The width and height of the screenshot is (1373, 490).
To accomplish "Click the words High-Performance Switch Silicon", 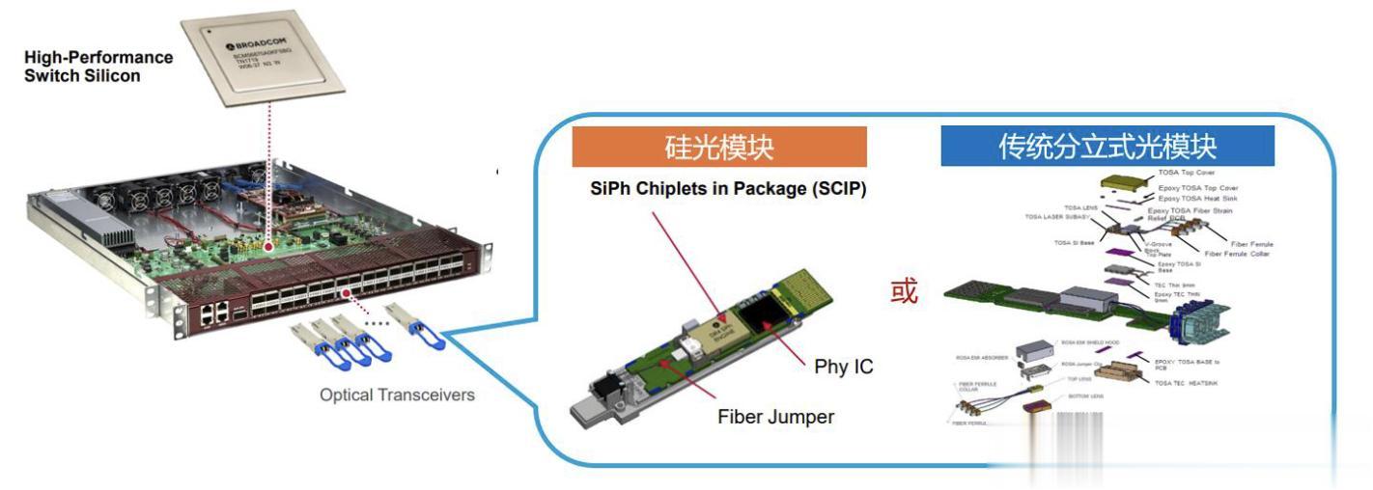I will pyautogui.click(x=98, y=66).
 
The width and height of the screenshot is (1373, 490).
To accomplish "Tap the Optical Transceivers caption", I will pyautogui.click(x=397, y=395).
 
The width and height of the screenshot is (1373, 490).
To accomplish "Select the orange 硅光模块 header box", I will pyautogui.click(x=719, y=147).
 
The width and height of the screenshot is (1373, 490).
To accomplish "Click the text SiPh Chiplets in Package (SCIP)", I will pyautogui.click(x=728, y=190).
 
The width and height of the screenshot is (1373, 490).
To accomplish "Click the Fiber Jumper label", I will pyautogui.click(x=775, y=418).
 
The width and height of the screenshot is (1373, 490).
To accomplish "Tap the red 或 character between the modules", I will pyautogui.click(x=904, y=291).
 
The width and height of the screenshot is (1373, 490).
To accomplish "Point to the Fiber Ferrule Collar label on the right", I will pyautogui.click(x=1240, y=254).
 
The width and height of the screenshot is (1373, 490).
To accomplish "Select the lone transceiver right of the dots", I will pyautogui.click(x=413, y=322).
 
